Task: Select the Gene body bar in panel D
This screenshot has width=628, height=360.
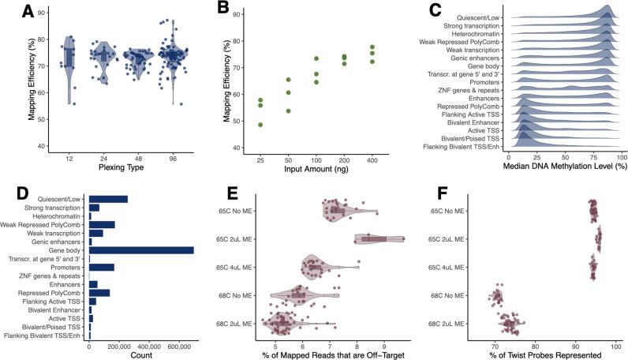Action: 141,250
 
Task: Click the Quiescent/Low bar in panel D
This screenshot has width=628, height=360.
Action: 108,199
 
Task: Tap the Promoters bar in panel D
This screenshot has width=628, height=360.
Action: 102,267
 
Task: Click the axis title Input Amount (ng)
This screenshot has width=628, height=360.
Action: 314,167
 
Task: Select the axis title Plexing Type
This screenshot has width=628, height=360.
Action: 121,167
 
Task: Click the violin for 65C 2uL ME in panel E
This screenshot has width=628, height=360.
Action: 378,239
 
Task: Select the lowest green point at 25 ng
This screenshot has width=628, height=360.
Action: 260,125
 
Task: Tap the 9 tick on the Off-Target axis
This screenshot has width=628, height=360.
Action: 384,345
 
